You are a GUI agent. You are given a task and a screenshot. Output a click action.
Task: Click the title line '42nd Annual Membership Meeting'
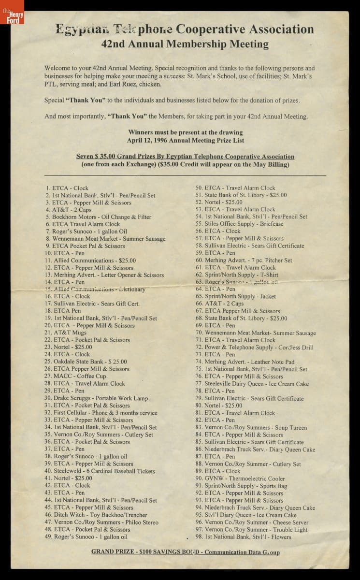[185, 44]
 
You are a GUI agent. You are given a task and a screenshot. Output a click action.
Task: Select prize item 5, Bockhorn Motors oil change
[99, 217]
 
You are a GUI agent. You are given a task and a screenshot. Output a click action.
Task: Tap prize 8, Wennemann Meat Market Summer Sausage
[105, 239]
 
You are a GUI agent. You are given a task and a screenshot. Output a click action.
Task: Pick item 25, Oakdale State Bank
[86, 362]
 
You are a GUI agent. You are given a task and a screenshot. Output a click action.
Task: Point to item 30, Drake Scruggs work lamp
[96, 398]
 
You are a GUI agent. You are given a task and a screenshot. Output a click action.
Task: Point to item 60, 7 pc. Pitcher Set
[244, 261]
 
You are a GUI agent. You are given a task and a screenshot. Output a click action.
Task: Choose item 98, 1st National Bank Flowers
[244, 536]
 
